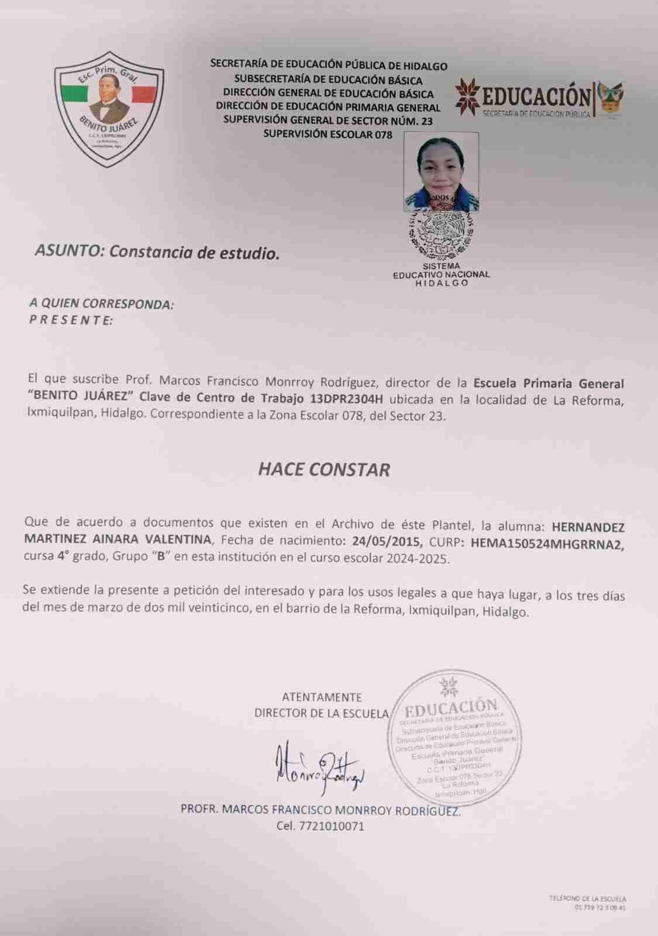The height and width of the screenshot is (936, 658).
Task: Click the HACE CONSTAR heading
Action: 324,470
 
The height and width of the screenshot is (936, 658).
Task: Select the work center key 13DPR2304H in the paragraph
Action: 347,400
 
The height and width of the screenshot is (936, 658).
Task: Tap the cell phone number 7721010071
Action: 332,827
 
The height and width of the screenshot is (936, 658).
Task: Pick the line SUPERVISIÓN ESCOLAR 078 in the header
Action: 328,134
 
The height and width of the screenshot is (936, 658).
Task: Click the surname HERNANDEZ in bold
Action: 588,527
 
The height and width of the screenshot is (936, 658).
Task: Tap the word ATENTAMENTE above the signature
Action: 322,697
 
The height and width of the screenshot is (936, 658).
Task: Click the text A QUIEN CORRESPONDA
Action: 102,304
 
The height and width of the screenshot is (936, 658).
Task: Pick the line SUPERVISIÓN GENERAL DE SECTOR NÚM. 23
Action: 328,121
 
